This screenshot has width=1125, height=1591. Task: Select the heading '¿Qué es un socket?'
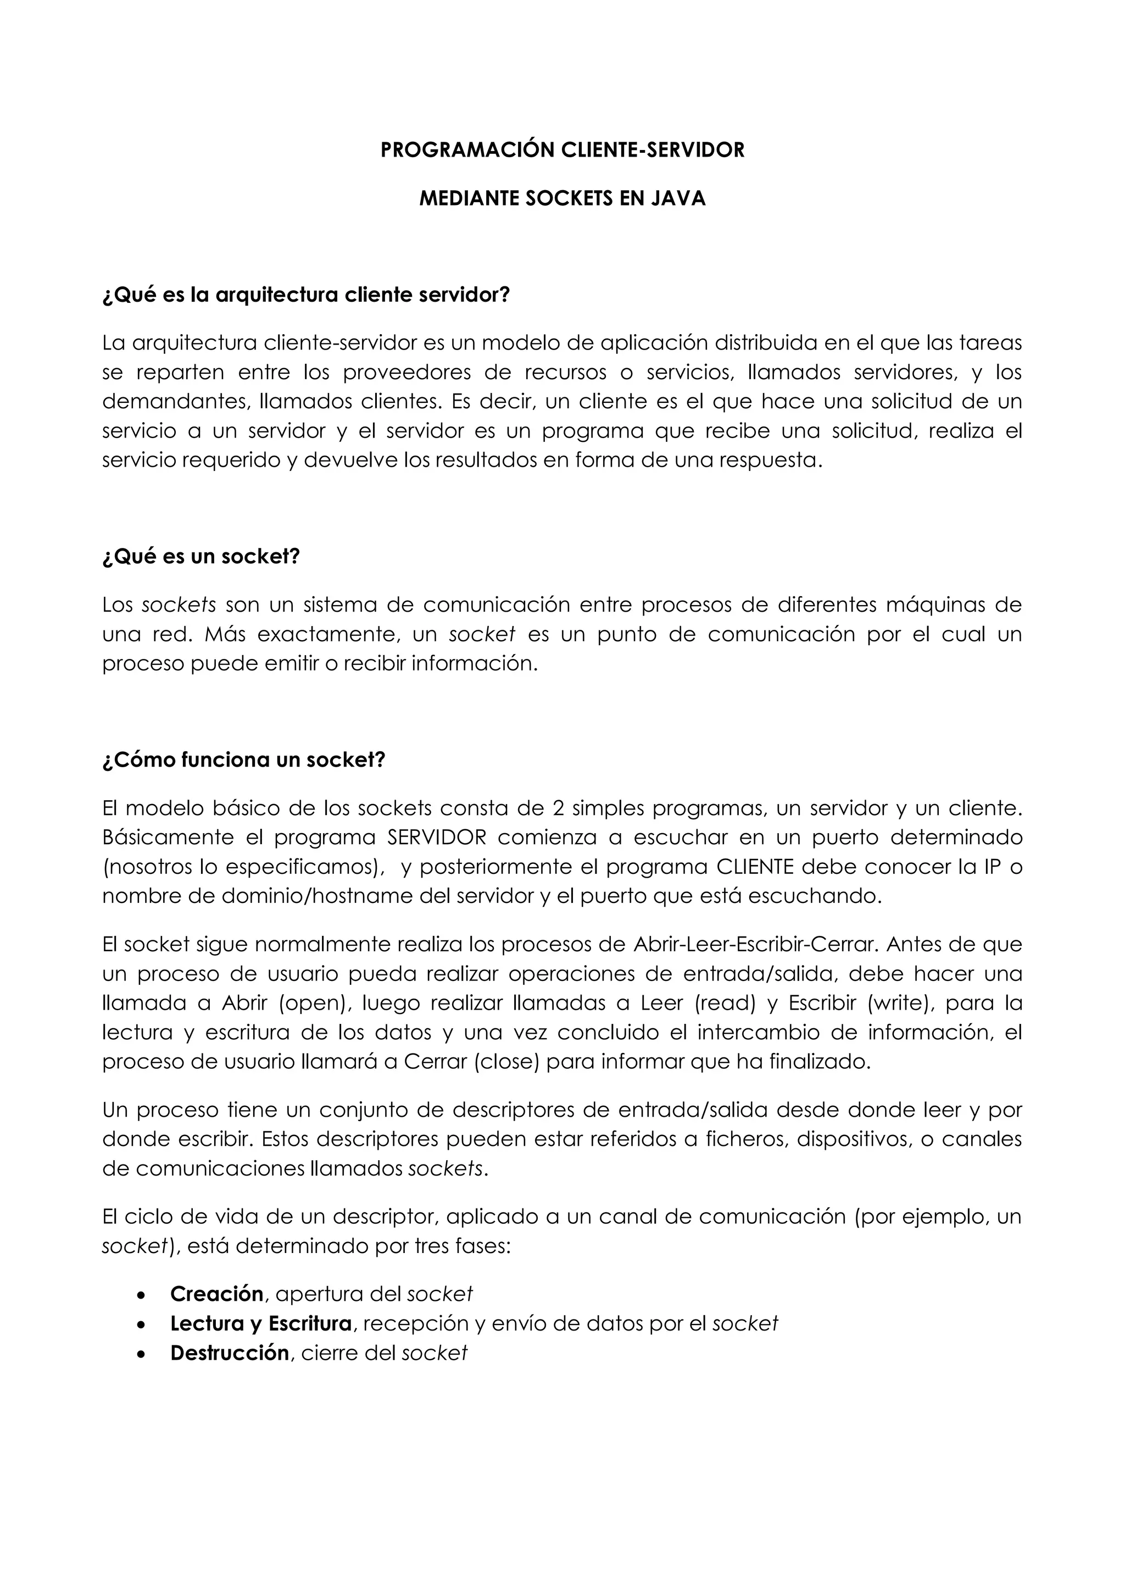[x=201, y=556]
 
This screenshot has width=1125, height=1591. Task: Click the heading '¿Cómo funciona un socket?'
[x=243, y=760]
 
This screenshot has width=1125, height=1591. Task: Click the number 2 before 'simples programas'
[x=558, y=808]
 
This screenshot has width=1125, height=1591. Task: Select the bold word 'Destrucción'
[x=229, y=1352]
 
